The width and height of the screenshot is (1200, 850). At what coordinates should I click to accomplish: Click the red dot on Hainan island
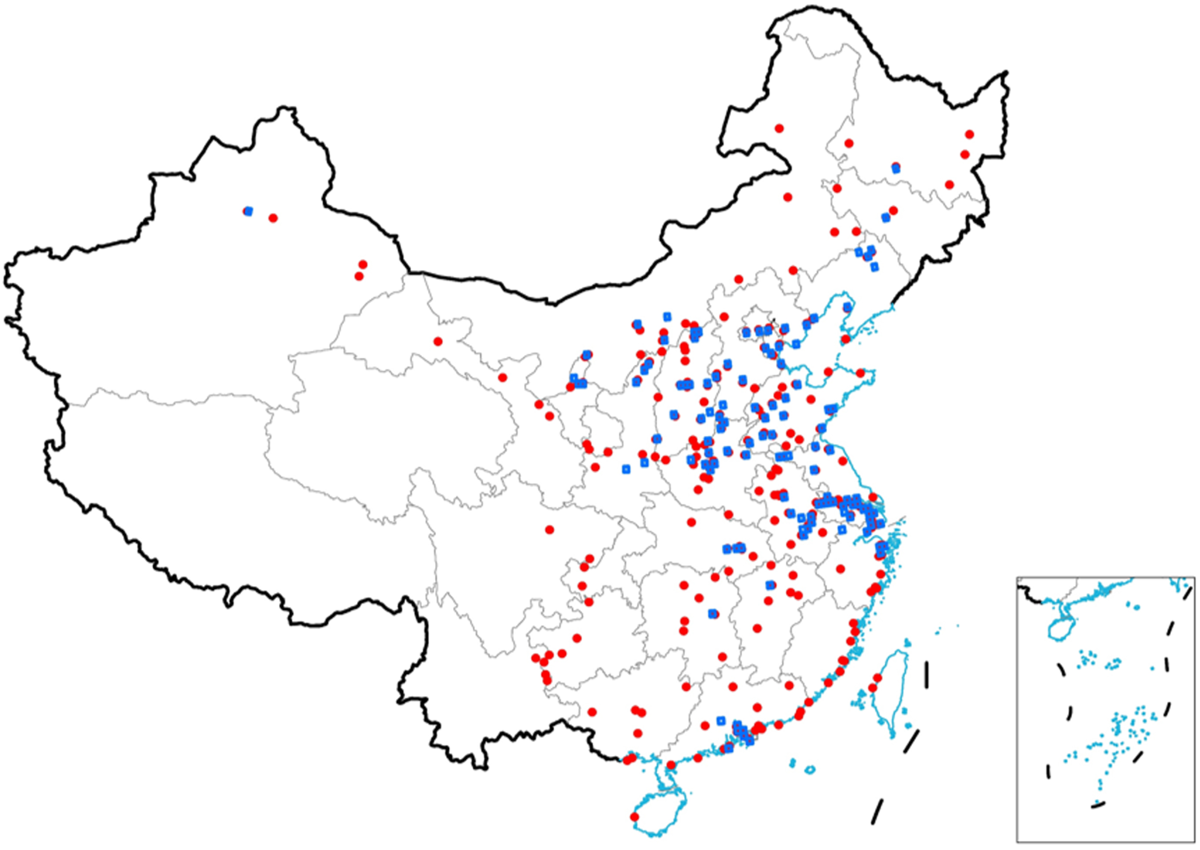[x=634, y=817]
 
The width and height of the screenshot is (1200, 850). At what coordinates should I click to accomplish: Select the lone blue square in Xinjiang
[x=249, y=211]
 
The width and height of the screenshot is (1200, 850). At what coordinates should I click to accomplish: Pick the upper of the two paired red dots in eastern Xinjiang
[x=363, y=265]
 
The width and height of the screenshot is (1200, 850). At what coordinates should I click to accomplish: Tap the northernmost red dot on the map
[x=779, y=129]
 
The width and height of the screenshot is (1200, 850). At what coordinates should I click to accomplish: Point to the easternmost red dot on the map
[x=969, y=135]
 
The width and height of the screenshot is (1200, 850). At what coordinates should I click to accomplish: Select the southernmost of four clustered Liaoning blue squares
[x=875, y=267]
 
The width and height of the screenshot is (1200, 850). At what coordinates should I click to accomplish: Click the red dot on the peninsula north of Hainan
[x=671, y=765]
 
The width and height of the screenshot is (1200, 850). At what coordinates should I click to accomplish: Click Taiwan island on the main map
[x=892, y=691]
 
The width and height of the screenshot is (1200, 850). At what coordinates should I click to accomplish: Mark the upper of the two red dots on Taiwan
[x=878, y=678]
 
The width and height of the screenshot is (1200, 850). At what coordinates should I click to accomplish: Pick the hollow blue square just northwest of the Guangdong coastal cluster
[x=720, y=721]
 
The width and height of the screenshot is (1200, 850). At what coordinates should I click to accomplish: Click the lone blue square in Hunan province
[x=712, y=613]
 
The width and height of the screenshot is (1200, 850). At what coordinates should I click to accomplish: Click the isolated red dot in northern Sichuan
[x=550, y=530]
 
